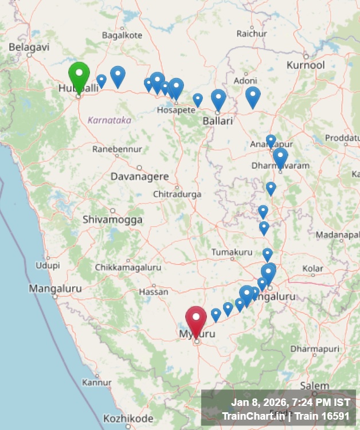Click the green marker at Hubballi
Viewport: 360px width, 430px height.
click(79, 75)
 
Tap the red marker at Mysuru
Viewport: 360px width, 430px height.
click(196, 320)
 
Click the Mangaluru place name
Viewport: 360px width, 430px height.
click(56, 288)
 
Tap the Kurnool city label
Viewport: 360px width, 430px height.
click(306, 65)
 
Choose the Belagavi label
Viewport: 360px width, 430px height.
click(29, 47)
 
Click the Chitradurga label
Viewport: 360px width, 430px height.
click(177, 194)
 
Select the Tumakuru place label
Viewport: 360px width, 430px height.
click(232, 252)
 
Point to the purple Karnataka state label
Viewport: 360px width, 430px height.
click(109, 120)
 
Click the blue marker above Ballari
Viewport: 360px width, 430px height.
click(218, 99)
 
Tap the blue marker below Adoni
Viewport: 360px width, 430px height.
click(253, 96)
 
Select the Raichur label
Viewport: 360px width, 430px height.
click(252, 34)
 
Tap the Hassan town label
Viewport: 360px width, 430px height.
click(154, 292)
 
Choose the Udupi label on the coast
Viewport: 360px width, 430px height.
click(48, 265)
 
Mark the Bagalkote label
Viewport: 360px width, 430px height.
click(122, 35)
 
